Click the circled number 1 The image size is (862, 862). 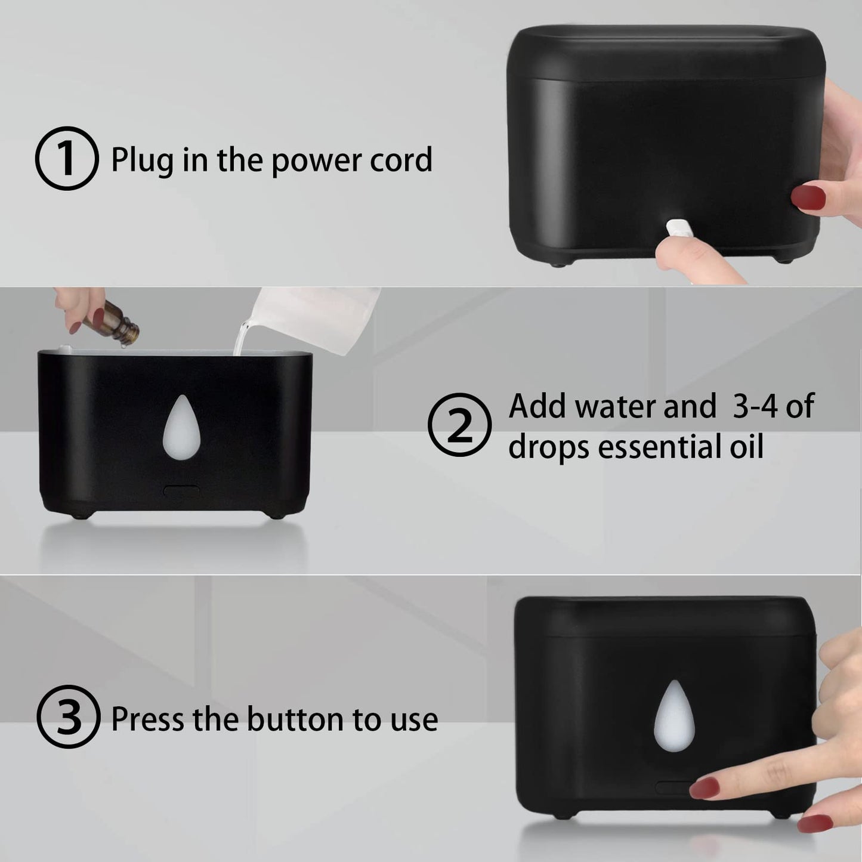point(67,159)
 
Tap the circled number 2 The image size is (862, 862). point(459,425)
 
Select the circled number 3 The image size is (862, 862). point(68,717)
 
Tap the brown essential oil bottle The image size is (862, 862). point(122,323)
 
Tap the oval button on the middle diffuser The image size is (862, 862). point(181,491)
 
